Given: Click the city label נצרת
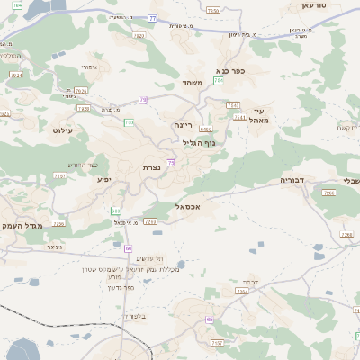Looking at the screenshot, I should click(x=151, y=168).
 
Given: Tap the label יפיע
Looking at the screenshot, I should click(x=104, y=180).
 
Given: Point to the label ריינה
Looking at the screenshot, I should click(x=184, y=126).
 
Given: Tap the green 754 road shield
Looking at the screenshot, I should click(x=219, y=81).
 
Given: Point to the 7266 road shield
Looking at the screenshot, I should click(x=328, y=193).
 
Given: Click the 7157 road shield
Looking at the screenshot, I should click(x=216, y=343).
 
